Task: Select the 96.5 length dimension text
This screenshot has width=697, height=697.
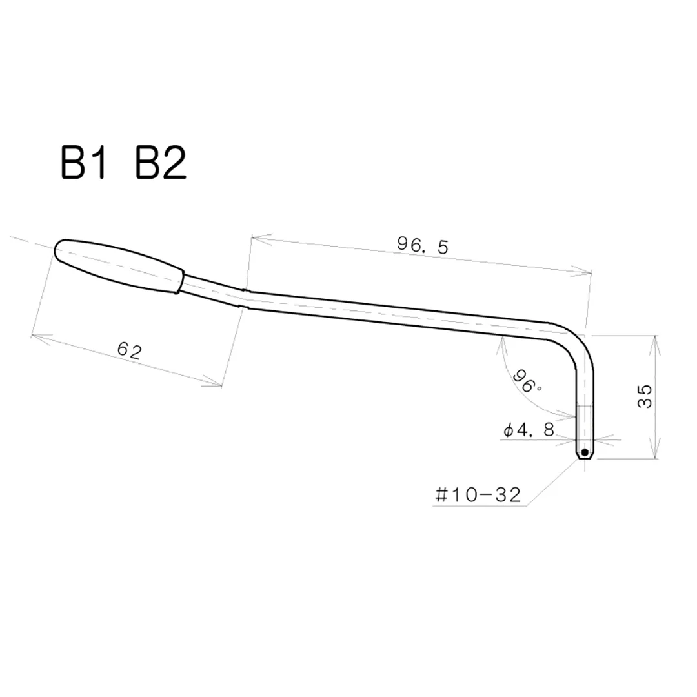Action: pyautogui.click(x=422, y=245)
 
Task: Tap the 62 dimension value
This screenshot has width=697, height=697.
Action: pyautogui.click(x=130, y=350)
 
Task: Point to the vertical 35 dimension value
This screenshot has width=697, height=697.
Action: pyautogui.click(x=645, y=396)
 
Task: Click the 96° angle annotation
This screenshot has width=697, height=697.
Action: pyautogui.click(x=526, y=381)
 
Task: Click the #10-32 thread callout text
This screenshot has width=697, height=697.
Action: pyautogui.click(x=478, y=495)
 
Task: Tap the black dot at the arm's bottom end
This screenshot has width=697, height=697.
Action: pyautogui.click(x=584, y=452)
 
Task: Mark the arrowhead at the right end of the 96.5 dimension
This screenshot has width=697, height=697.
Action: pyautogui.click(x=588, y=273)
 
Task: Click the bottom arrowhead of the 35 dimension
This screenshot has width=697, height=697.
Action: pyautogui.click(x=655, y=456)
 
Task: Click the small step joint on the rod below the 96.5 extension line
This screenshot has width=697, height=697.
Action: pyautogui.click(x=244, y=298)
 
